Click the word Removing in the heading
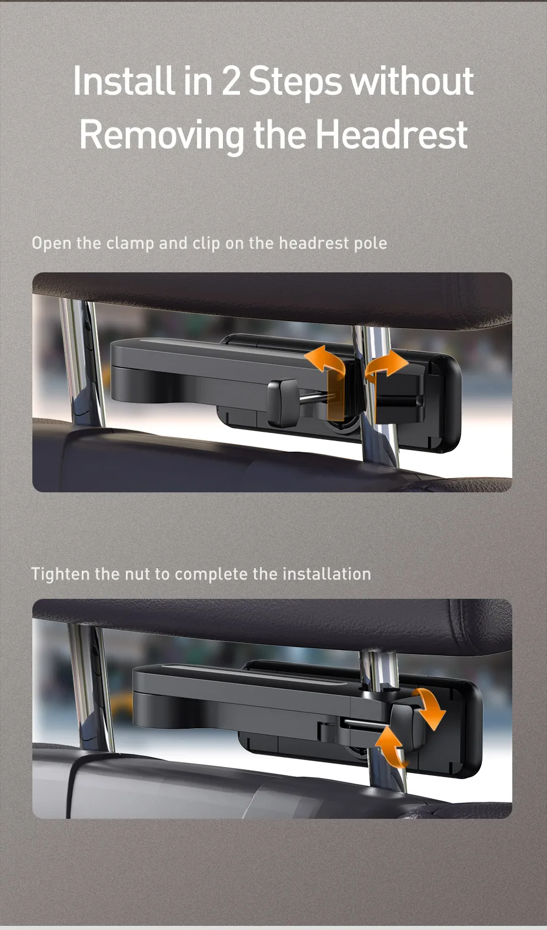[x=161, y=135]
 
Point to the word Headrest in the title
[x=391, y=135]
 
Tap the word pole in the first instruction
[x=370, y=243]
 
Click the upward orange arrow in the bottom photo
[x=391, y=746]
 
